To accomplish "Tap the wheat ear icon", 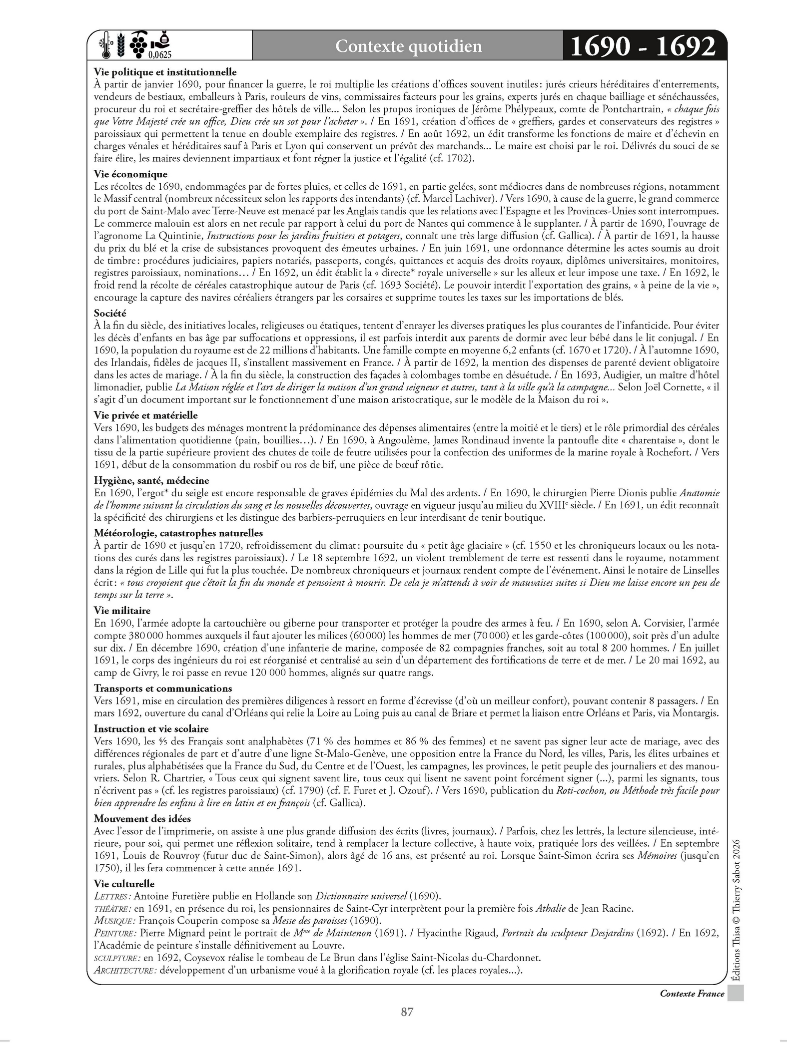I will (120, 44).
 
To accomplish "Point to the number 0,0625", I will (160, 55).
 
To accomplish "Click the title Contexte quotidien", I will (408, 46).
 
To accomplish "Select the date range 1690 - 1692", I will (642, 46).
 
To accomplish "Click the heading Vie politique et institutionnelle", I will (165, 72).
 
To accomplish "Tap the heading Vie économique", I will (130, 174).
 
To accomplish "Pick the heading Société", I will (110, 313).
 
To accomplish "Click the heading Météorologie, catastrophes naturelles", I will (178, 533).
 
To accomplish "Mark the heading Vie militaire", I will (122, 610).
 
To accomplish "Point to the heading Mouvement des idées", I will (142, 818).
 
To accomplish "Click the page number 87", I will (407, 1012).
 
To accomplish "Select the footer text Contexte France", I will (692, 994).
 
